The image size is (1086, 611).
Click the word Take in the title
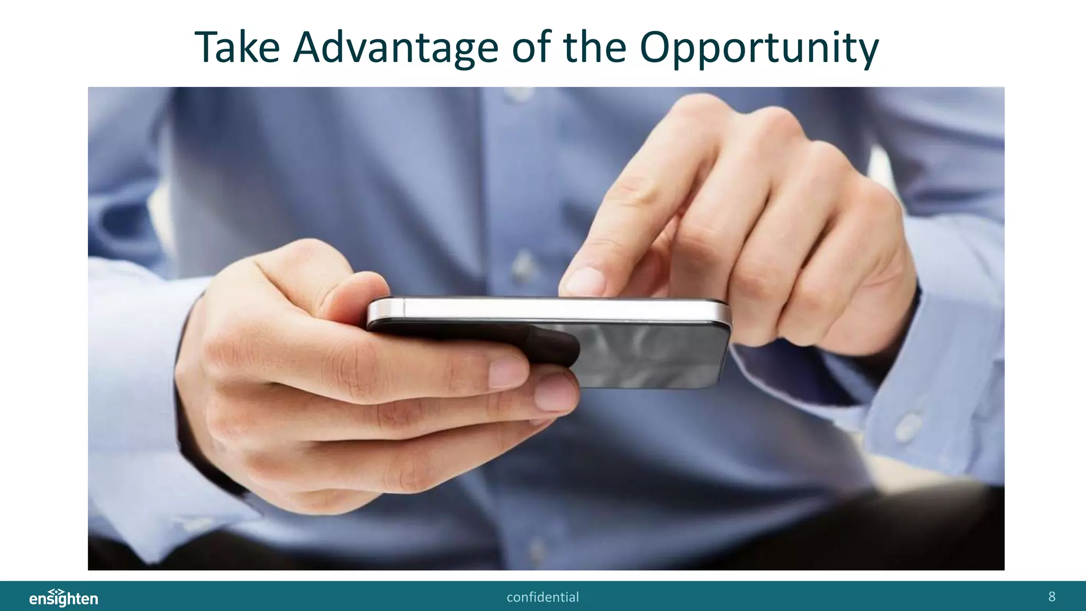tap(237, 48)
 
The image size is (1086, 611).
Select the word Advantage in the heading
tap(396, 48)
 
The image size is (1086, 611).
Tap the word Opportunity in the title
tap(759, 48)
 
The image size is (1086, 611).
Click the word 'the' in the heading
tap(594, 48)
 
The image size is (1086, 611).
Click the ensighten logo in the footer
tap(64, 598)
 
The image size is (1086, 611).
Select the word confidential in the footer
tap(542, 597)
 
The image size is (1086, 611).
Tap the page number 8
tap(1052, 597)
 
